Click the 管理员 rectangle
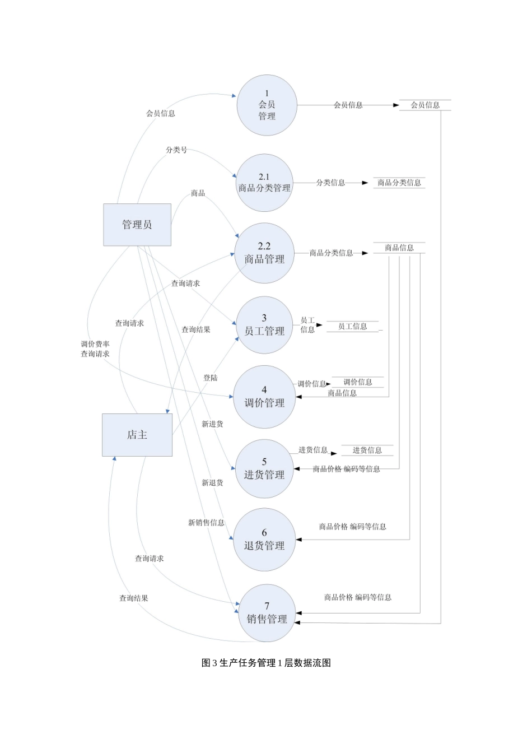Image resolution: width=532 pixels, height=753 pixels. tap(137, 225)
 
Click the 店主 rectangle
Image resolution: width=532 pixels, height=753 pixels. tap(137, 435)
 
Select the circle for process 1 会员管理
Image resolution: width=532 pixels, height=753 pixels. tap(267, 105)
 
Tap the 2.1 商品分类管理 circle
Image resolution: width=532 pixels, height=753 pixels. tap(264, 183)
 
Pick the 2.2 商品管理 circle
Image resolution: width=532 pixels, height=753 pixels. tap(264, 253)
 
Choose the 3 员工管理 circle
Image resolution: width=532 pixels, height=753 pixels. tap(264, 325)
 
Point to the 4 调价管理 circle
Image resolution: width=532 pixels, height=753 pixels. tap(264, 397)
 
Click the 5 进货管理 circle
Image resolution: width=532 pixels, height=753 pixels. tap(264, 468)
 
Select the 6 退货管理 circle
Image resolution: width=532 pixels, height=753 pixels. tap(264, 540)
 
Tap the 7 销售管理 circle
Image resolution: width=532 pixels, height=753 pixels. tap(267, 613)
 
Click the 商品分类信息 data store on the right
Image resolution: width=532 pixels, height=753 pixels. tap(399, 183)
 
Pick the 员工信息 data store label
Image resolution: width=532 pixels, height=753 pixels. tap(353, 326)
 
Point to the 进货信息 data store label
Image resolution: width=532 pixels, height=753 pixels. tap(367, 450)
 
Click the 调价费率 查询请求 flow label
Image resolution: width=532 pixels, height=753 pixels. tap(95, 349)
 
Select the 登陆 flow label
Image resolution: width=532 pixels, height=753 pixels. tap(211, 378)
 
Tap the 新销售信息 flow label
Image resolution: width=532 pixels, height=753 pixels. tap(206, 523)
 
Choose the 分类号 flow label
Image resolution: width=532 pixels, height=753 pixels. tap(176, 150)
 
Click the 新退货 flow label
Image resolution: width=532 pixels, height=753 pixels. tap(212, 482)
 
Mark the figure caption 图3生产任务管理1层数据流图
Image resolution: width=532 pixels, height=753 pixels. tap(266, 663)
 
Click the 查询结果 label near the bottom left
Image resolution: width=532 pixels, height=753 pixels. tap(134, 598)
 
